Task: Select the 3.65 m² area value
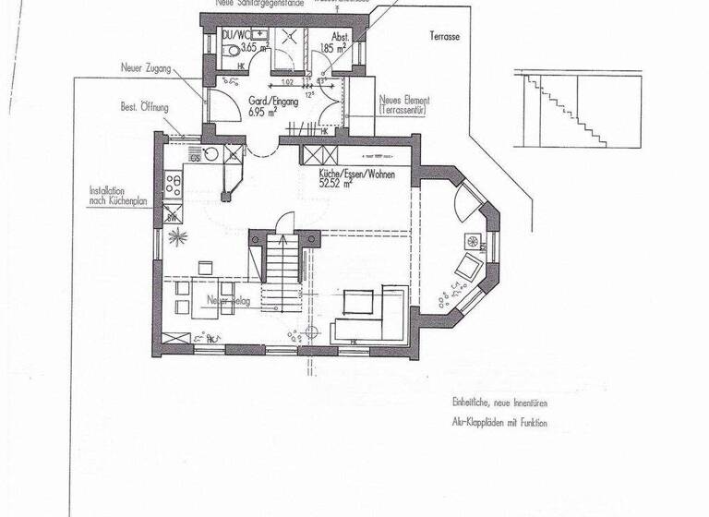[x=254, y=45]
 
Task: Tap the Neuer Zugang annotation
[x=146, y=68]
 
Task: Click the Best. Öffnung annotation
[x=144, y=107]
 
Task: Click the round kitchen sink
[x=211, y=155]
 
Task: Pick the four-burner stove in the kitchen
[x=173, y=184]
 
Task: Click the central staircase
[x=281, y=270]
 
